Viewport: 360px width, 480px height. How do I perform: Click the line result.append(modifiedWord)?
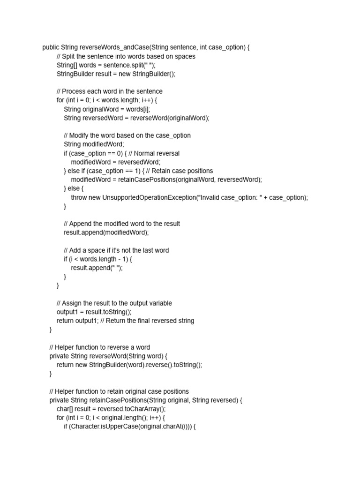106,232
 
